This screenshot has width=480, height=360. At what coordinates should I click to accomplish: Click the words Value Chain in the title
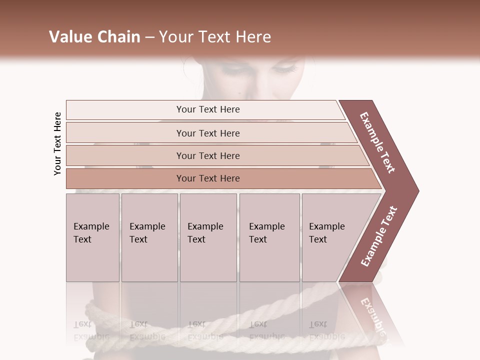pyautogui.click(x=94, y=37)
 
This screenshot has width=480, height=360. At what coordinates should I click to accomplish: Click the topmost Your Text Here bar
pyautogui.click(x=208, y=109)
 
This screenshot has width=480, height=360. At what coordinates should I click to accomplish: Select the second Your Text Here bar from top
pyautogui.click(x=208, y=133)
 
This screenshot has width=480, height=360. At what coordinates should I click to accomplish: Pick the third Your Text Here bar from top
pyautogui.click(x=208, y=155)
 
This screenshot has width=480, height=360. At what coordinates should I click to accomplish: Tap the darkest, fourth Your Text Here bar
pyautogui.click(x=208, y=178)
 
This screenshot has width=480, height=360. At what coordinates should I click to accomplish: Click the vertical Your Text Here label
pyautogui.click(x=57, y=143)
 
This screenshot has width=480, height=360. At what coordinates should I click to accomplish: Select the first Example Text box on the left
pyautogui.click(x=92, y=237)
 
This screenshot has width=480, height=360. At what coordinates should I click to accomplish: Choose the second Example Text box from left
pyautogui.click(x=149, y=237)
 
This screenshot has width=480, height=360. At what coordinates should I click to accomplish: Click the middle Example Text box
pyautogui.click(x=207, y=237)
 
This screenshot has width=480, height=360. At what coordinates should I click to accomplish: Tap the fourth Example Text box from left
pyautogui.click(x=269, y=237)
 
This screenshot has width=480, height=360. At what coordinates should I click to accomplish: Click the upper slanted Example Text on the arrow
pyautogui.click(x=377, y=142)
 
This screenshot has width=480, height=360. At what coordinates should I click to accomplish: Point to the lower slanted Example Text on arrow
pyautogui.click(x=379, y=236)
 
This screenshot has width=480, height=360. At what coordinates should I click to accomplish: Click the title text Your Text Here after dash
pyautogui.click(x=215, y=37)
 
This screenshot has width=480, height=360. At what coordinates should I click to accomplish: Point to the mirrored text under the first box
pyautogui.click(x=91, y=330)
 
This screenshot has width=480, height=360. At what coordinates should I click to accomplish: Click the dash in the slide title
pyautogui.click(x=149, y=37)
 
